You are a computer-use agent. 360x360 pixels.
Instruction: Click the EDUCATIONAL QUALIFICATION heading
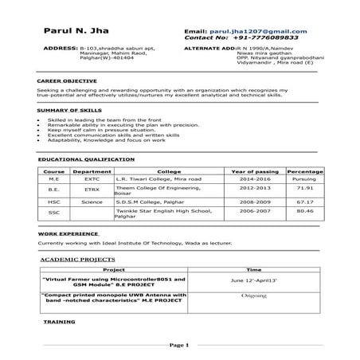(81, 160)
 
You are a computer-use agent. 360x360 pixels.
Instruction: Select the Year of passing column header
(254, 171)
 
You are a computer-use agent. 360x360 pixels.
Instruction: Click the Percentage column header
(304, 171)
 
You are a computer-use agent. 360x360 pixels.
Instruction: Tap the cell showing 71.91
(304, 188)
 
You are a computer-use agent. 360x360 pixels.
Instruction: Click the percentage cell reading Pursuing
(304, 179)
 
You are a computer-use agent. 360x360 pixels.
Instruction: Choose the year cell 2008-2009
(254, 202)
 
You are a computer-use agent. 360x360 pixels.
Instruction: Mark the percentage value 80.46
(304, 211)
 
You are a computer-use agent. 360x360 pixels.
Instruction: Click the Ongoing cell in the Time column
(254, 295)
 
